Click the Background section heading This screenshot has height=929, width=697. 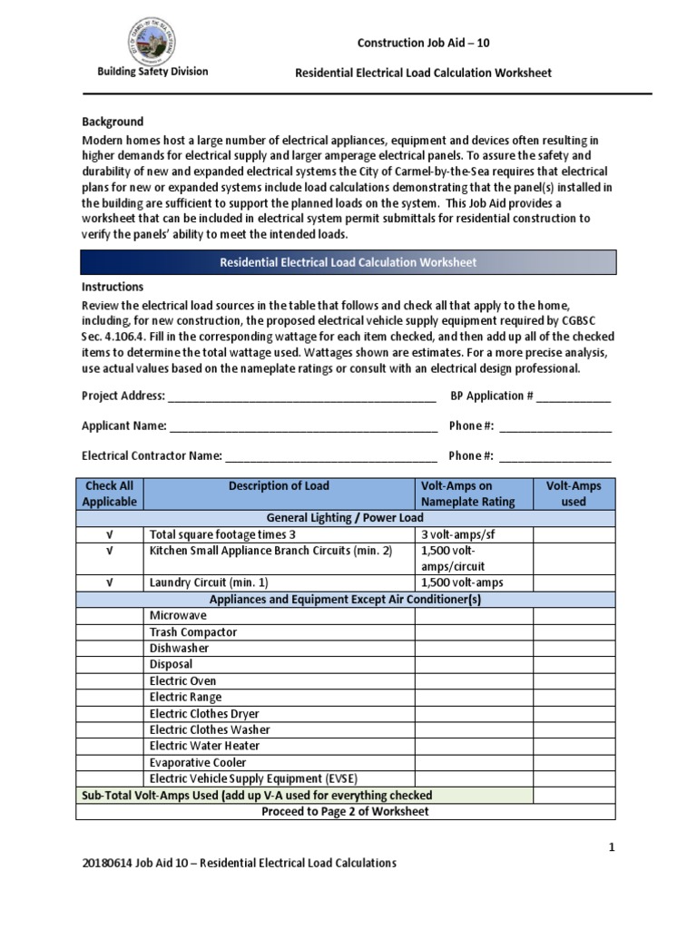[x=113, y=122]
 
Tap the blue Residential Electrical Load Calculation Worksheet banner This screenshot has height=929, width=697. [x=348, y=262]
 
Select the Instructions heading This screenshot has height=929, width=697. [x=113, y=287]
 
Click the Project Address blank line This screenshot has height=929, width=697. [x=301, y=397]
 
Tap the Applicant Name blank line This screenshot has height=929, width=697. [x=302, y=426]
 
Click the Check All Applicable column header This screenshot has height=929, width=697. [x=110, y=494]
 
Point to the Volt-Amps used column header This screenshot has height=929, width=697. [x=574, y=494]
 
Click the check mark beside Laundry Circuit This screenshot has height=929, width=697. [x=110, y=582]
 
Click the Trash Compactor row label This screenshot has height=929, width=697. [x=193, y=631]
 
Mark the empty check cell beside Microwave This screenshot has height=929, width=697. [x=110, y=615]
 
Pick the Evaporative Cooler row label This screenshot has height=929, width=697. [x=198, y=762]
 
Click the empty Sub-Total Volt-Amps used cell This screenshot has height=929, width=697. [x=574, y=796]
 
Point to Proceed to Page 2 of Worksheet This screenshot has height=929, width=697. [x=345, y=811]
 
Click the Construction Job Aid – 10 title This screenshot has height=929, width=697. [x=424, y=44]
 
